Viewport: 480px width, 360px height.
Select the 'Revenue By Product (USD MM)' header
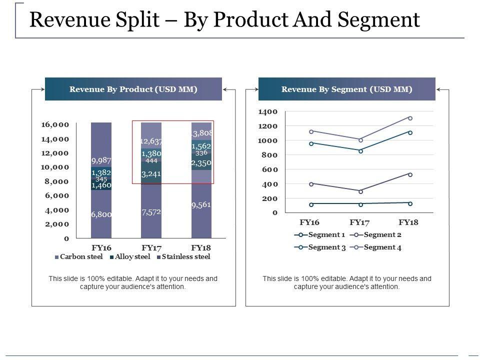(x=133, y=89)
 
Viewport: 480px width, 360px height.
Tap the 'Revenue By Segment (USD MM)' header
(x=347, y=89)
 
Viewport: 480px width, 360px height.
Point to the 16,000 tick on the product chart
(x=55, y=124)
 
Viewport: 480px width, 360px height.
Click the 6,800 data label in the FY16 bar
(x=101, y=214)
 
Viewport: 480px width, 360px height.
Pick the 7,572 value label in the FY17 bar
(x=151, y=212)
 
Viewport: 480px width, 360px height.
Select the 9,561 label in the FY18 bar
(x=201, y=204)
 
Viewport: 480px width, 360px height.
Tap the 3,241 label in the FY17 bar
(x=151, y=174)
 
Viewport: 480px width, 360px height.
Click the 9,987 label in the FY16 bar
(x=101, y=160)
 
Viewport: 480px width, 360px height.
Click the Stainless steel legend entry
(x=184, y=257)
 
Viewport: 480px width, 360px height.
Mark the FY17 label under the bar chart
(x=151, y=247)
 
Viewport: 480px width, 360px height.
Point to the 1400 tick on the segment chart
(x=268, y=112)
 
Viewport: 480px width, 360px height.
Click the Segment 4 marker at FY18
(x=410, y=118)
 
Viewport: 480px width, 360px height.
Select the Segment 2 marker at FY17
(x=360, y=191)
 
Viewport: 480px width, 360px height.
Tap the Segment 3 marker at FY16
(x=311, y=143)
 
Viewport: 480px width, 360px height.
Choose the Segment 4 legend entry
(x=379, y=247)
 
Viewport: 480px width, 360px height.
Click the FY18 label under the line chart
(x=408, y=222)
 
